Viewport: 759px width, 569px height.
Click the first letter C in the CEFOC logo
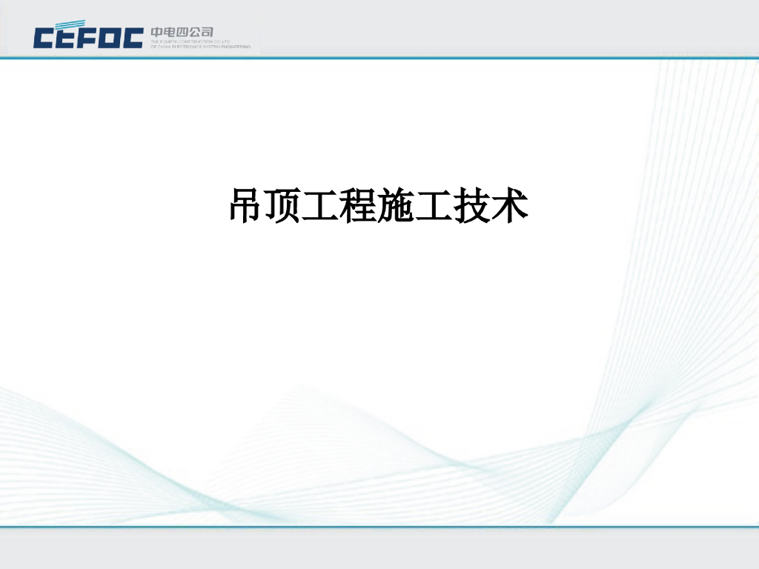click(45, 38)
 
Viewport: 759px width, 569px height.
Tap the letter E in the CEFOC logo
click(68, 38)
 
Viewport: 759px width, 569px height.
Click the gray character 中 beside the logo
click(156, 32)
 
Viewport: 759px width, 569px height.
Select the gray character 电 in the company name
click(170, 32)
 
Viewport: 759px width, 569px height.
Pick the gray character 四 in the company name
click(182, 32)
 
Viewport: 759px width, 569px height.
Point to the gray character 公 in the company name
click(195, 32)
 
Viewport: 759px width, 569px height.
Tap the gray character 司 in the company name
click(208, 32)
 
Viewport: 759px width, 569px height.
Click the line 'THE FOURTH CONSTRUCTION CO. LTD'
click(190, 41)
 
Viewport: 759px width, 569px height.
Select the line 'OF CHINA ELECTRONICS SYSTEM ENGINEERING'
click(200, 47)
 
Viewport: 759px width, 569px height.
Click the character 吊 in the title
click(245, 206)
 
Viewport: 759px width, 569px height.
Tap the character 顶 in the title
click(283, 206)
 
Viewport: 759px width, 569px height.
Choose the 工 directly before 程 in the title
click(321, 206)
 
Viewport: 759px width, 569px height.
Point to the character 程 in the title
click(359, 206)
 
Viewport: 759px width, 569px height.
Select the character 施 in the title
click(397, 206)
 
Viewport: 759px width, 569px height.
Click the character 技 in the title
click(472, 206)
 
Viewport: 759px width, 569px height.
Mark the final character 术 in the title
click(510, 206)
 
